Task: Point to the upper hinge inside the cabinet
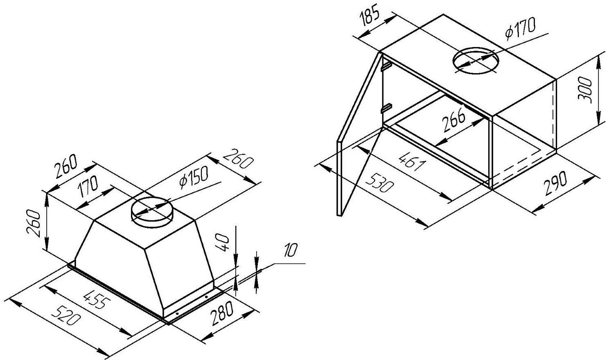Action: [x=386, y=64]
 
